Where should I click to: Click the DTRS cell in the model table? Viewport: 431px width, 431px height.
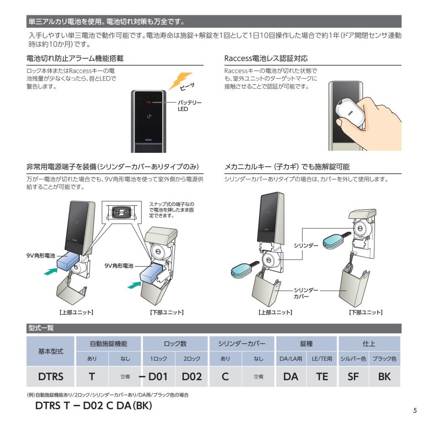(x=51, y=376)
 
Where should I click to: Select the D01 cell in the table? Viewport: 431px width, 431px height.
(x=158, y=376)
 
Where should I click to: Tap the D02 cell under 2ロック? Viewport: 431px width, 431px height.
(x=192, y=376)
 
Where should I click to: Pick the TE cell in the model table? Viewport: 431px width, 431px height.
(x=322, y=376)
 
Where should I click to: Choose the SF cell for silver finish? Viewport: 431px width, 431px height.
(x=353, y=376)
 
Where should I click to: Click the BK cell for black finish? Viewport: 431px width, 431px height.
(x=384, y=376)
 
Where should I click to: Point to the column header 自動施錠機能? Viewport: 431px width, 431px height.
(x=108, y=343)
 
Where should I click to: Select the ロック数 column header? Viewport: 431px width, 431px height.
(x=175, y=343)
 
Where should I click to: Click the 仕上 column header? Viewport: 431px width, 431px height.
(x=369, y=343)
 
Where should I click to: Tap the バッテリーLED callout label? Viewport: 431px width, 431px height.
(x=190, y=105)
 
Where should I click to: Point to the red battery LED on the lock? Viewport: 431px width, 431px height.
(x=149, y=102)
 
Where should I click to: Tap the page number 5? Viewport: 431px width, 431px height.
(x=415, y=411)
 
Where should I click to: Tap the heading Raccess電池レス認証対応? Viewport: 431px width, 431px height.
(x=266, y=58)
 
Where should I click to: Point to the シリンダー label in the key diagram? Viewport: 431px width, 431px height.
(x=306, y=245)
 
